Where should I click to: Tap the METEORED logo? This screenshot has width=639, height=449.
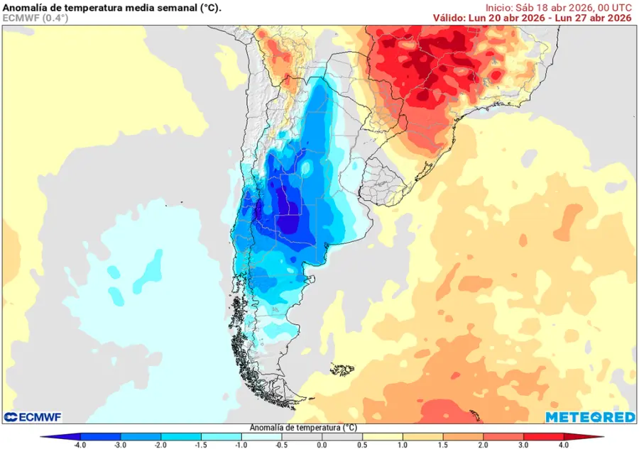tap(589, 417)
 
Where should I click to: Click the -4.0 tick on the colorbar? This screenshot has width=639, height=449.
tap(81, 445)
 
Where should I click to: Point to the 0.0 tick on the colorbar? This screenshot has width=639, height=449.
tap(322, 445)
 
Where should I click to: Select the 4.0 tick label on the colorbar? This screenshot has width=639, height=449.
tap(563, 445)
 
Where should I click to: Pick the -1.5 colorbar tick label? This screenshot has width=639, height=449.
tap(202, 445)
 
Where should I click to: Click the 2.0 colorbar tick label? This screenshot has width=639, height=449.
tap(483, 445)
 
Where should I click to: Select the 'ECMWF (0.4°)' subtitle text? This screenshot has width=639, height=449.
tap(35, 18)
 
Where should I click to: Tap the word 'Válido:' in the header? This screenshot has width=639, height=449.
tap(449, 18)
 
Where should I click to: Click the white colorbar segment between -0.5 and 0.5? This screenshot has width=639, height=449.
tap(322, 437)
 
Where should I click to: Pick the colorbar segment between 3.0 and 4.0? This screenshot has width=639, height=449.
tap(543, 437)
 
